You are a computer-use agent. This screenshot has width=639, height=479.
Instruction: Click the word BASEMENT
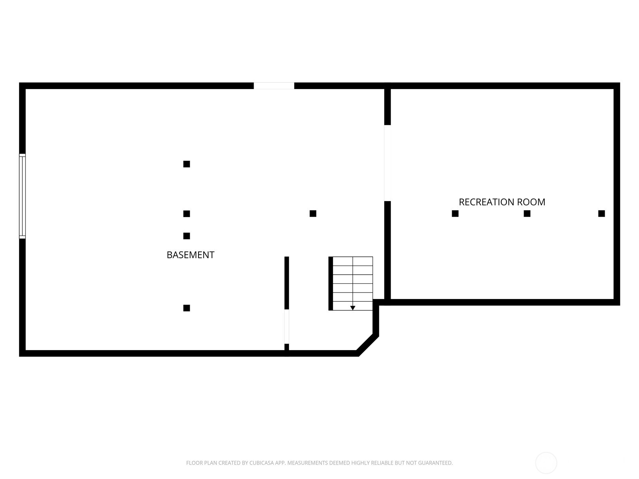[x=191, y=255]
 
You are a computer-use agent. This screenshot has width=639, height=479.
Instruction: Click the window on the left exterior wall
[x=22, y=196]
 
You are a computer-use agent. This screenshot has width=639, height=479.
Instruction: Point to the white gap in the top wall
[x=274, y=86]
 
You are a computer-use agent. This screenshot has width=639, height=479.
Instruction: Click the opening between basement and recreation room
[x=387, y=163]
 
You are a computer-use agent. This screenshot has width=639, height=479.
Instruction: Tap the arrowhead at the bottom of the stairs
[x=353, y=308]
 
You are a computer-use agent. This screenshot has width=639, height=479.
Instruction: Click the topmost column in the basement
[x=187, y=164]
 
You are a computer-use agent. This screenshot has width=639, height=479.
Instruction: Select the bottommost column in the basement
[x=187, y=308]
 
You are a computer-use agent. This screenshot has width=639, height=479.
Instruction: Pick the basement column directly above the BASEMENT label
[x=187, y=236]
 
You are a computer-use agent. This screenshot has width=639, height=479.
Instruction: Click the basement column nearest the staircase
[x=313, y=214]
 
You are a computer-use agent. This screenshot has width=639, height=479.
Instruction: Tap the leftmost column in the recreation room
[x=455, y=214]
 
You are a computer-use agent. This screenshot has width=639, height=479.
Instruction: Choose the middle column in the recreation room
[x=527, y=214]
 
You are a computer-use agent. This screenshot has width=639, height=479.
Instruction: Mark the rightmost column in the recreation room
[x=602, y=214]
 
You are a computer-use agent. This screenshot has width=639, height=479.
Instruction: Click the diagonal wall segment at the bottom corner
[x=368, y=345]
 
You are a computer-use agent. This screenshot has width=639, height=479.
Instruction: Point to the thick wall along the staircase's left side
[x=331, y=283]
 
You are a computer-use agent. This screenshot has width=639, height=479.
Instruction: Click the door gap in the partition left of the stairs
[x=287, y=327]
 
